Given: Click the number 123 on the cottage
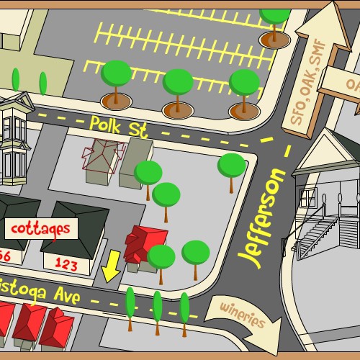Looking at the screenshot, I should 66,265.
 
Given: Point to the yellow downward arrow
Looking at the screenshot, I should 111,266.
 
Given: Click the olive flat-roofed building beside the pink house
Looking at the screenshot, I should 135,162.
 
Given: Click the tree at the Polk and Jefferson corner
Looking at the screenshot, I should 231,166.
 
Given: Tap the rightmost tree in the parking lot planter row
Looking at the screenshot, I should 244,85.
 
